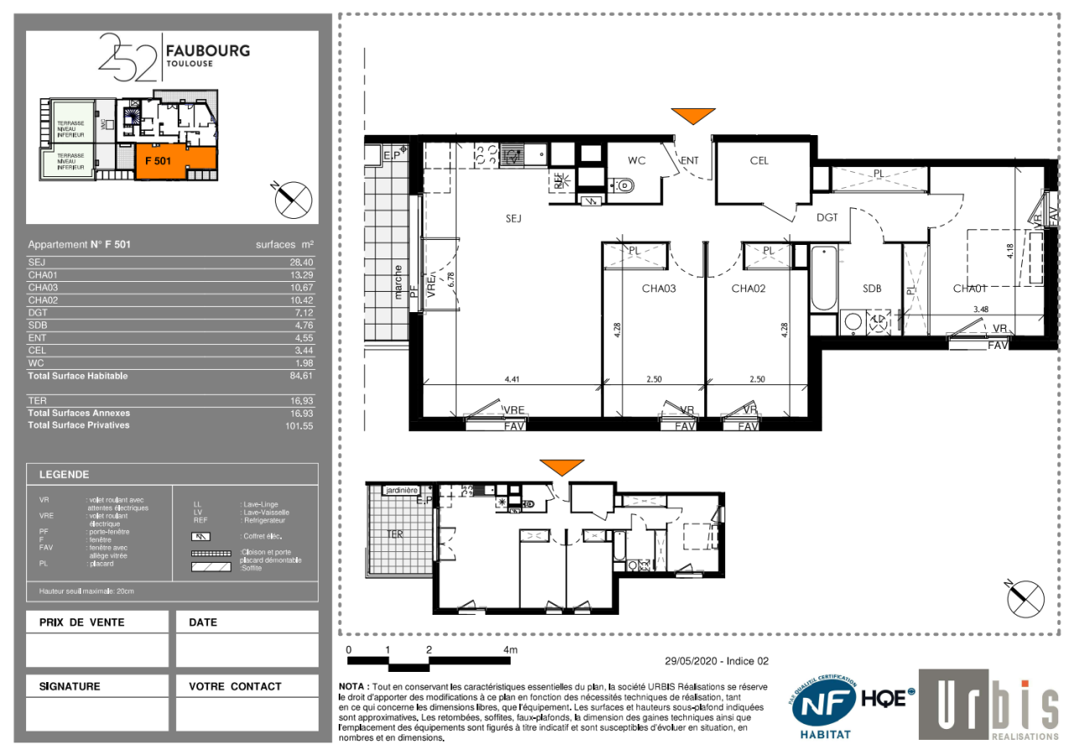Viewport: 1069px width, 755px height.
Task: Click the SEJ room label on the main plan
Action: tap(514, 218)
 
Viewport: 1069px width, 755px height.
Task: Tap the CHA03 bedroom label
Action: tap(658, 289)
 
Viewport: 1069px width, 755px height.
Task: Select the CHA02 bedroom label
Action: tap(749, 289)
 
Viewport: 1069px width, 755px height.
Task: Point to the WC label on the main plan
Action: tap(636, 161)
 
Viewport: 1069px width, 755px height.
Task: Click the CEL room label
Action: tap(759, 161)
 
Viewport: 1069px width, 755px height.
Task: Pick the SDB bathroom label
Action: tap(872, 289)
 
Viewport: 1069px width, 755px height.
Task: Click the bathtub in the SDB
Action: tap(823, 278)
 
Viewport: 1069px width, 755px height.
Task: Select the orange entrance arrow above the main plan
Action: tap(693, 116)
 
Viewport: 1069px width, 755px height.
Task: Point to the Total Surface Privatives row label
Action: tap(79, 425)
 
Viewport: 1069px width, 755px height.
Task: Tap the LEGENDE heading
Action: tap(64, 475)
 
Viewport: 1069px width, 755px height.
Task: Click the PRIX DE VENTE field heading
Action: tap(82, 622)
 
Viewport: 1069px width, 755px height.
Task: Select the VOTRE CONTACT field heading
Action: tap(235, 686)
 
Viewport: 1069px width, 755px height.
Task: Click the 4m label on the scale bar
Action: tap(510, 650)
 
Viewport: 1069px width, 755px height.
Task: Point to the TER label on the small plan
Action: tap(394, 534)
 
